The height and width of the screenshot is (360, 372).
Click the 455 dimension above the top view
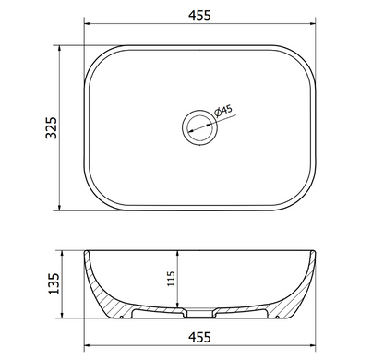[x=199, y=16]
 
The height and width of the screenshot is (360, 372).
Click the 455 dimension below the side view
[x=199, y=337]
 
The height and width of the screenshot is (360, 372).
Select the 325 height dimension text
[x=52, y=127]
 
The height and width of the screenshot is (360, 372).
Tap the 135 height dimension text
[x=54, y=283]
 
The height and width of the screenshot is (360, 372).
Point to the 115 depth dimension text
[x=171, y=279]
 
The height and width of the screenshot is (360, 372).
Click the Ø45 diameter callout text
[x=223, y=111]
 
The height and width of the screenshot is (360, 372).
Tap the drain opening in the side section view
[x=199, y=313]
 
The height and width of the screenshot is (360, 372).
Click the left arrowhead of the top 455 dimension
[x=88, y=23]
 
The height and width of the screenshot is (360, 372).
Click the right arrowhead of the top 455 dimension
[x=312, y=23]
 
